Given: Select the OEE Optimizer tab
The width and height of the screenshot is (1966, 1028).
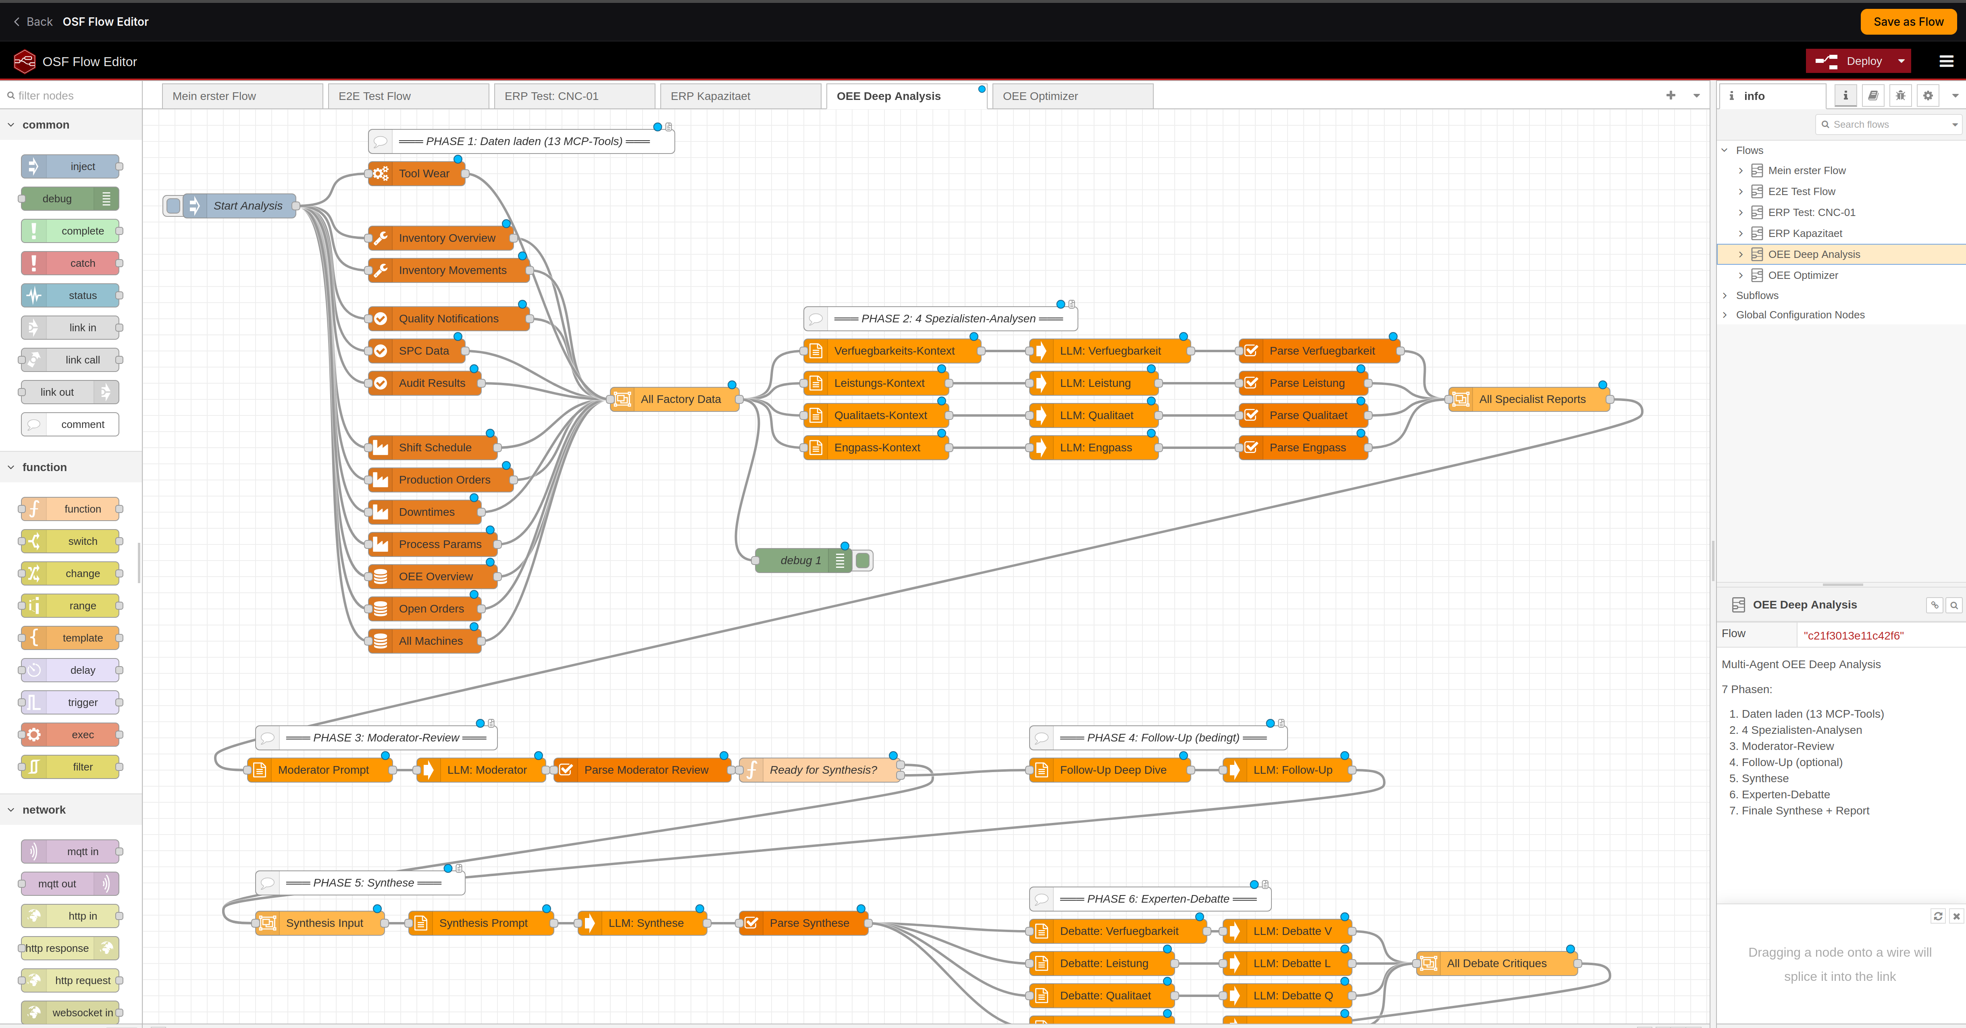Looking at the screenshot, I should [x=1040, y=96].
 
